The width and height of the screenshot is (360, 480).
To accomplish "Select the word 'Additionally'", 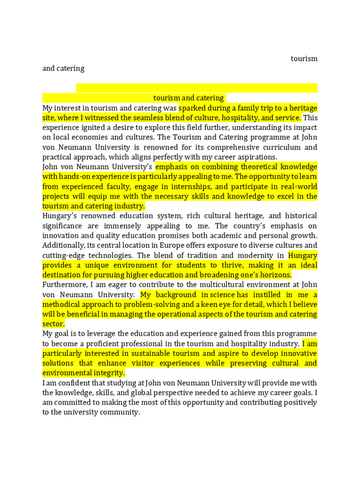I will (x=63, y=246).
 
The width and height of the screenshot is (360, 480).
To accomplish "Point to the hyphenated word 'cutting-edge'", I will (x=64, y=255).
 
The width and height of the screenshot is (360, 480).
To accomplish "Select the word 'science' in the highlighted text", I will (x=223, y=295).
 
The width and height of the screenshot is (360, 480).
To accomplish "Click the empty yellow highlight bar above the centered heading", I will (x=197, y=88).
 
